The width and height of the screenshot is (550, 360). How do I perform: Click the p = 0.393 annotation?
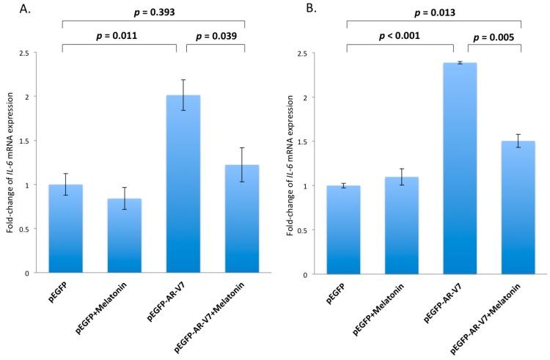[x=152, y=12]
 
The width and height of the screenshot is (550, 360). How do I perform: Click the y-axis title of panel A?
[x=12, y=163]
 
